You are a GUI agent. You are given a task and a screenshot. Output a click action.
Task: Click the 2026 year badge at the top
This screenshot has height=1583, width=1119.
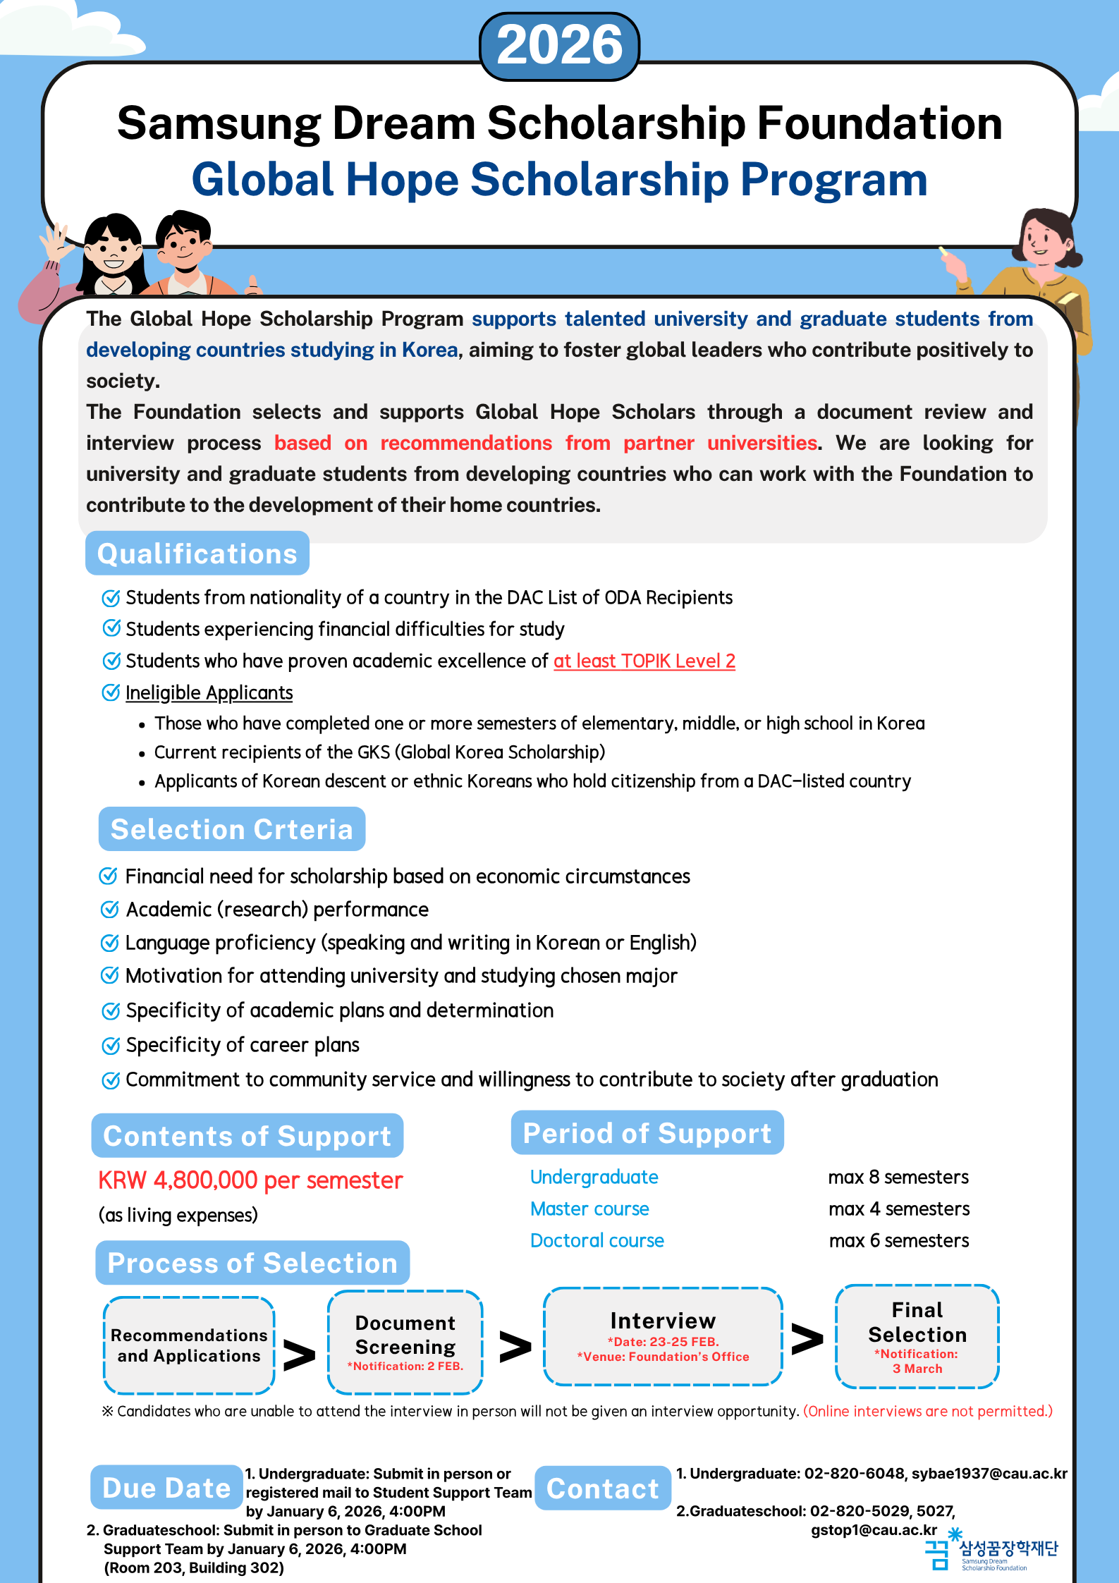click(559, 46)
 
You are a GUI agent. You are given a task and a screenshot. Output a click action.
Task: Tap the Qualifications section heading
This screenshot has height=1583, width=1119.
click(197, 554)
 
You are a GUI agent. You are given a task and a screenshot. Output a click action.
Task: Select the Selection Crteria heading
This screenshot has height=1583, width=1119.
click(232, 829)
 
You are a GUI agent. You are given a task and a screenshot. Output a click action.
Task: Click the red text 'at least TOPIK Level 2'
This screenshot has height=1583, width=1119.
click(644, 661)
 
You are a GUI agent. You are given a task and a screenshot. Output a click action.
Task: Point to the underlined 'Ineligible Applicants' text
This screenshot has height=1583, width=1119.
click(209, 693)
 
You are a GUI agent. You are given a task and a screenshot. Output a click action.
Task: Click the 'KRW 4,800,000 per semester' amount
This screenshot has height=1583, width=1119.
click(250, 1180)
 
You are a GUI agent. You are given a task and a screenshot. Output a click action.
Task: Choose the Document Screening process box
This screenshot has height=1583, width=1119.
click(405, 1343)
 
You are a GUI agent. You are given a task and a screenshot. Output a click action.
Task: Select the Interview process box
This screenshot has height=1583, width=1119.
click(663, 1336)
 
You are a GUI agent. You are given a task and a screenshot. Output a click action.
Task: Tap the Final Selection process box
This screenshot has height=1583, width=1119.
click(917, 1336)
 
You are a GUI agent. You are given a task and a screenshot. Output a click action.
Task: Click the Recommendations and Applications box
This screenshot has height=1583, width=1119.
click(189, 1345)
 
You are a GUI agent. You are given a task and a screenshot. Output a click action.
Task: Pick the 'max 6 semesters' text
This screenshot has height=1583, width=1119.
click(898, 1241)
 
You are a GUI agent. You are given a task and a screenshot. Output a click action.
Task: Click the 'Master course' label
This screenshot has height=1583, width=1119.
click(589, 1209)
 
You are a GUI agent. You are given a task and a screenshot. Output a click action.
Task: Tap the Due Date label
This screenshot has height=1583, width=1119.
click(166, 1488)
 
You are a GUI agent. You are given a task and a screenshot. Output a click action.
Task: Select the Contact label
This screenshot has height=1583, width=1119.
click(602, 1489)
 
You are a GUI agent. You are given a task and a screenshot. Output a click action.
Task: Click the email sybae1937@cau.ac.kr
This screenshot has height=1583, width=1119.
click(989, 1474)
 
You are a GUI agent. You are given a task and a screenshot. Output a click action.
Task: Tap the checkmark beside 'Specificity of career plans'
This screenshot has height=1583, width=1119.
click(111, 1046)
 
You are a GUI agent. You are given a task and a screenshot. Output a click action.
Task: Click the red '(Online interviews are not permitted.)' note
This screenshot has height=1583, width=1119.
click(927, 1411)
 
